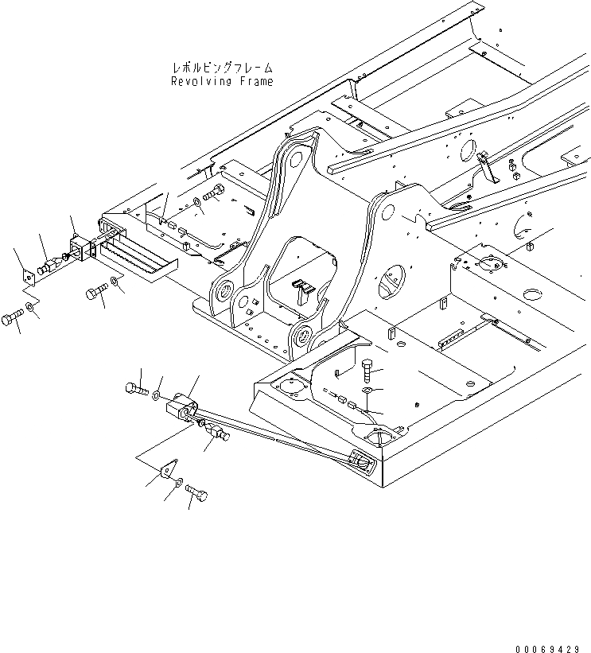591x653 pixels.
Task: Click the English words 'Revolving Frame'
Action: point(222,81)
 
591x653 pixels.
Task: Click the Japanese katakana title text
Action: point(222,68)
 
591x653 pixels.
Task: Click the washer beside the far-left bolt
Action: point(29,307)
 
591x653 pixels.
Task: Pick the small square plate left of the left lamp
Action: point(27,277)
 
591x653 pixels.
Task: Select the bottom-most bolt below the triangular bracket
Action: point(197,496)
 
